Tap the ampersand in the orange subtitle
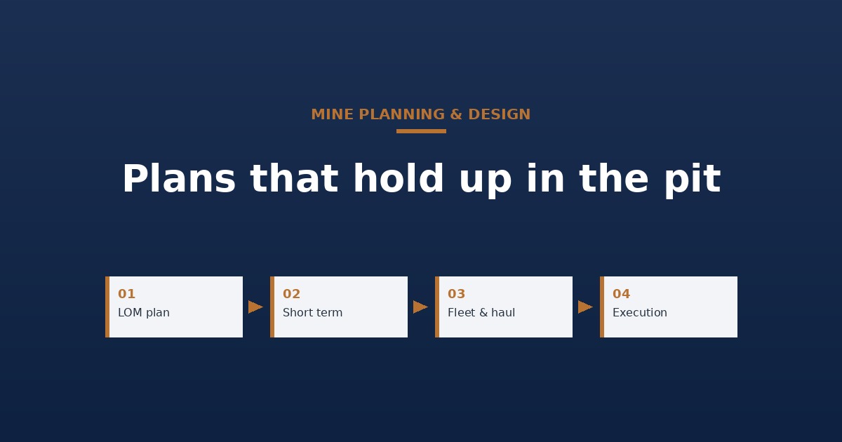pyautogui.click(x=455, y=114)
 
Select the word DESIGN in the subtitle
pyautogui.click(x=499, y=114)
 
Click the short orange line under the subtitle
pyautogui.click(x=421, y=131)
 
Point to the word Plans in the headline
pyautogui.click(x=179, y=178)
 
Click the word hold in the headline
pyautogui.click(x=399, y=178)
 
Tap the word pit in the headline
pyautogui.click(x=693, y=180)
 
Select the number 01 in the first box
pyautogui.click(x=126, y=293)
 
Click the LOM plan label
pyautogui.click(x=144, y=313)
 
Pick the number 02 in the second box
pyautogui.click(x=291, y=293)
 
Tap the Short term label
pyautogui.click(x=312, y=313)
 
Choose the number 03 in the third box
pyautogui.click(x=456, y=293)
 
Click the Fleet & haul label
pyautogui.click(x=481, y=313)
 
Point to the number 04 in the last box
pyautogui.click(x=622, y=293)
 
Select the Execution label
pyautogui.click(x=640, y=313)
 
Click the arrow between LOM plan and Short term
pyautogui.click(x=255, y=307)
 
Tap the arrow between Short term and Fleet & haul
pyautogui.click(x=420, y=307)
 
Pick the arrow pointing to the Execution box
pyautogui.click(x=586, y=307)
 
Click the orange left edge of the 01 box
pyautogui.click(x=107, y=307)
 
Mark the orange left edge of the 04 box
pyautogui.click(x=602, y=307)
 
